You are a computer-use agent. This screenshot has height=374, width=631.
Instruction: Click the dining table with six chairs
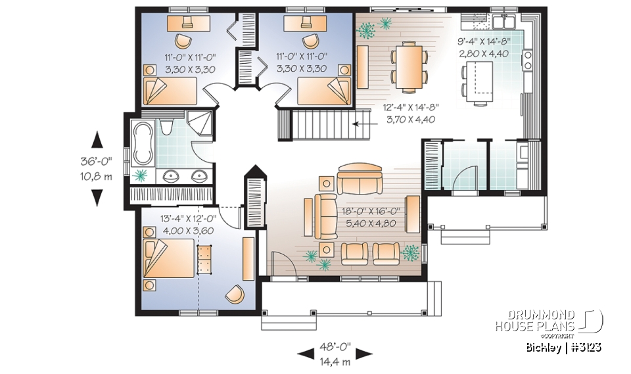point(409,66)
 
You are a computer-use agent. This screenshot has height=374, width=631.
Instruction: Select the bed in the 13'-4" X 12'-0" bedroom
point(168,259)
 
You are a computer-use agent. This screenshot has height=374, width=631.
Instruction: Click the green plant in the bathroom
point(139,175)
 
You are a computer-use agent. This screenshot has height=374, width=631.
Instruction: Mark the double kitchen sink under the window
point(505,22)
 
